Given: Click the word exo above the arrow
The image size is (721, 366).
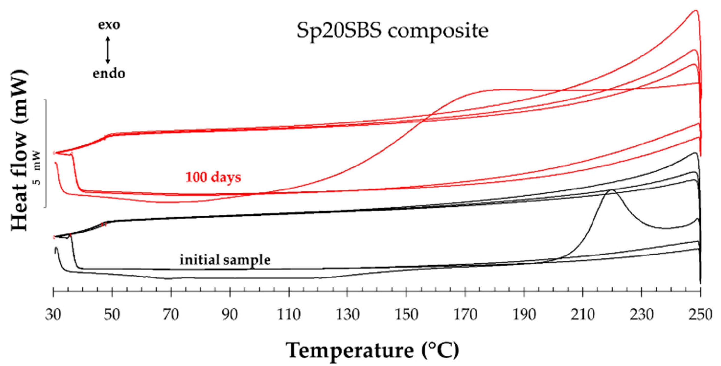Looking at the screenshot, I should click(109, 25).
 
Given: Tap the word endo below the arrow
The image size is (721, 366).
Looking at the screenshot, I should click(109, 74).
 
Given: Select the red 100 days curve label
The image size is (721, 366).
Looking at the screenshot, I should click(213, 177).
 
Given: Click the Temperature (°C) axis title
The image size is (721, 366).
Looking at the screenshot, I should click(372, 350).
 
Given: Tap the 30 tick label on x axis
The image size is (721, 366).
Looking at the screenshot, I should click(53, 315).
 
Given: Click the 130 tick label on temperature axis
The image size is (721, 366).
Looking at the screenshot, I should click(347, 315).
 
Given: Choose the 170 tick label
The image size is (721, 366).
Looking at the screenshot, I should click(465, 315).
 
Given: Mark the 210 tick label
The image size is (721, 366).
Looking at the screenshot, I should click(583, 315).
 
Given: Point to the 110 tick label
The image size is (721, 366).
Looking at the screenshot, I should click(289, 315).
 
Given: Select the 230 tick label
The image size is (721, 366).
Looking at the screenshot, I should click(641, 315).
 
